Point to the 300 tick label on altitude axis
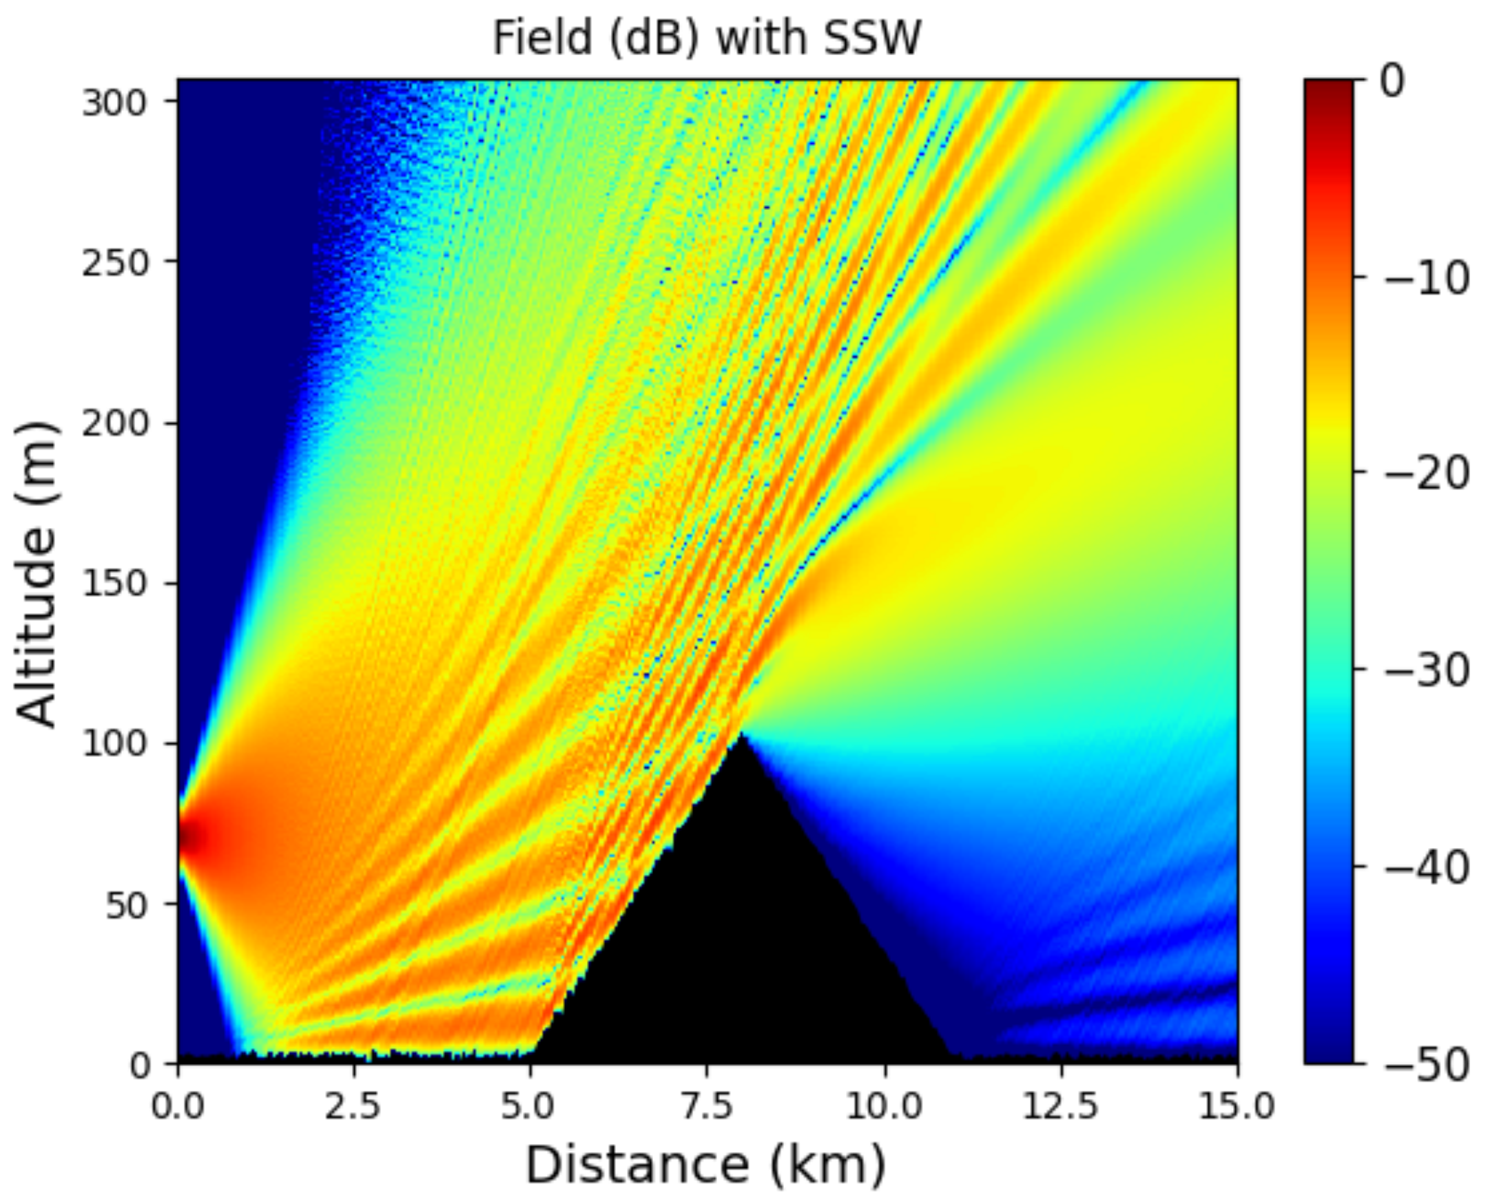click(x=116, y=103)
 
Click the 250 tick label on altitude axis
click(x=116, y=263)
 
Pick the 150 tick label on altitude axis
click(x=116, y=584)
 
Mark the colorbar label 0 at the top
click(x=1392, y=81)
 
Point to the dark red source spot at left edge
click(x=188, y=837)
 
